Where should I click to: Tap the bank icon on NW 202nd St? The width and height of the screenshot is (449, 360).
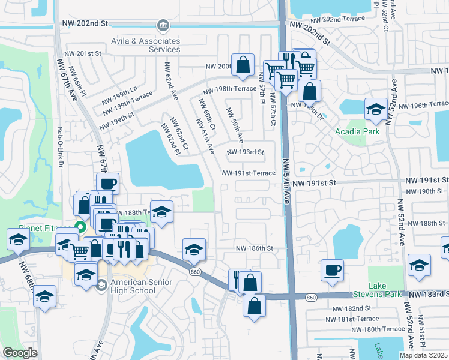click(163, 25)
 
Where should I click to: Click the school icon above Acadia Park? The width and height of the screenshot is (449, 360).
click(376, 109)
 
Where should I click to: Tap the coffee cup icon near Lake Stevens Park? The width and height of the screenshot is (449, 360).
click(331, 269)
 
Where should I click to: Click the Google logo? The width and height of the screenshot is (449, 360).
click(20, 353)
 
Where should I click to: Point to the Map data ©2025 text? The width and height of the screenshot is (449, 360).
click(423, 355)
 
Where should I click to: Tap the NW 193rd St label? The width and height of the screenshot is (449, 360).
click(245, 152)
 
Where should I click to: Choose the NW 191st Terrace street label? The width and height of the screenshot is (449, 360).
click(249, 173)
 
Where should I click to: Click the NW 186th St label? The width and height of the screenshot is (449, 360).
click(254, 248)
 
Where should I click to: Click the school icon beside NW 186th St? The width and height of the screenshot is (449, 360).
click(194, 249)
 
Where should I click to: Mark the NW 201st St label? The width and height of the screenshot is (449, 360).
click(85, 53)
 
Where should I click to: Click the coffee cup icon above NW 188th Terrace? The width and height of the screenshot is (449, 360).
click(107, 183)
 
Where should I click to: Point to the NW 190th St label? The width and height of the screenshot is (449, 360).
click(424, 191)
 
